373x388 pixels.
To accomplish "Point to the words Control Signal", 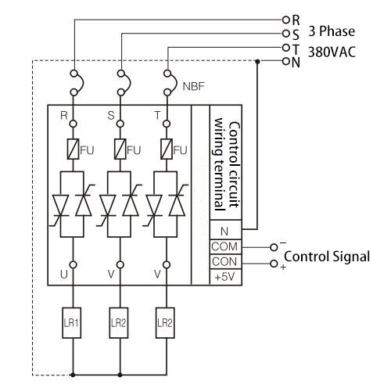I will point(326,256).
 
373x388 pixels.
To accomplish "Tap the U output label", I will point(63,275).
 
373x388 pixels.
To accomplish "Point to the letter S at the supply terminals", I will point(296,34).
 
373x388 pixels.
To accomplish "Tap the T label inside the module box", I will point(157,116).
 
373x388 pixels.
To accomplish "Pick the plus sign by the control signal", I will point(282,269).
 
